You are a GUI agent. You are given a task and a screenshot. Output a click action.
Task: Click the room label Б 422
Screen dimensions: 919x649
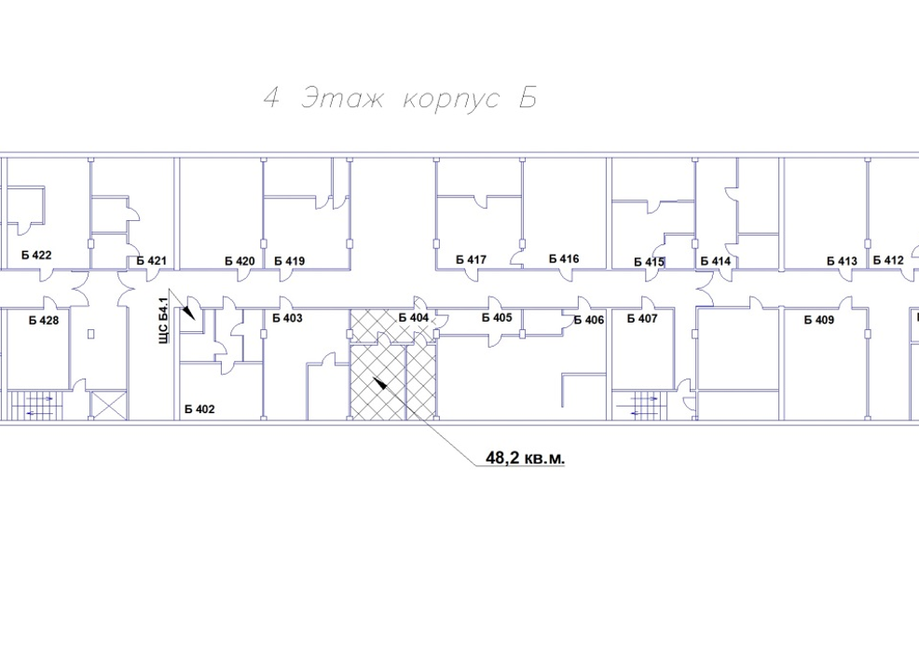36,255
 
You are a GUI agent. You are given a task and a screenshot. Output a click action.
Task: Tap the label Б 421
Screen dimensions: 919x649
151,261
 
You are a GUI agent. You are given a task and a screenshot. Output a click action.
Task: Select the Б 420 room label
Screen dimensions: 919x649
240,261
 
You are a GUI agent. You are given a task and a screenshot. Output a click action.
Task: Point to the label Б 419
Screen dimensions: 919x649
290,261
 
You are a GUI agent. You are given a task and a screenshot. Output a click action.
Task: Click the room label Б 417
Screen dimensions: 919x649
472,259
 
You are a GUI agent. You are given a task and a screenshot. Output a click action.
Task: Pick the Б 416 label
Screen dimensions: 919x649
564,258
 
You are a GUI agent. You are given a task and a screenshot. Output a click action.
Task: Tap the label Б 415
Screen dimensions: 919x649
649,262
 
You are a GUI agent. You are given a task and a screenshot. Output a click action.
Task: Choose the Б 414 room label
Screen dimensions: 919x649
716,261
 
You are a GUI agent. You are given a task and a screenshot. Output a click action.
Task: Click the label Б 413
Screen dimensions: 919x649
842,261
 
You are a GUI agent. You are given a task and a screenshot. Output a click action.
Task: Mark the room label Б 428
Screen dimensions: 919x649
44,320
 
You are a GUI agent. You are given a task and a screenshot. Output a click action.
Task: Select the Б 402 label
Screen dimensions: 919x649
199,409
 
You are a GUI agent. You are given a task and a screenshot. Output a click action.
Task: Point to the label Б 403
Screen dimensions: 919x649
287,318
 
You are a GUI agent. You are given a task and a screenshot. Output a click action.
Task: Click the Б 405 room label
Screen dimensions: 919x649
497,318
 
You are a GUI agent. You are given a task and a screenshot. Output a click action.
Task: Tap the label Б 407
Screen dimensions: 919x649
642,318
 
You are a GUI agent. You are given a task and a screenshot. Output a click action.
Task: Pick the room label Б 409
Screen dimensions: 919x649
818,320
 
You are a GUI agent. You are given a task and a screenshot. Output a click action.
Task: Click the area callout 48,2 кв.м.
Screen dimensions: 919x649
525,458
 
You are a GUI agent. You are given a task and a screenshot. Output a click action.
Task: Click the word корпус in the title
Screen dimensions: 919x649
451,99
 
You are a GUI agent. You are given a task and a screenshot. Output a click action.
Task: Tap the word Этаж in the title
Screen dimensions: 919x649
342,99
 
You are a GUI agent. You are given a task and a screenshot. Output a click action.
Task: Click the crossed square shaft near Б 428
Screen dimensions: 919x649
108,406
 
